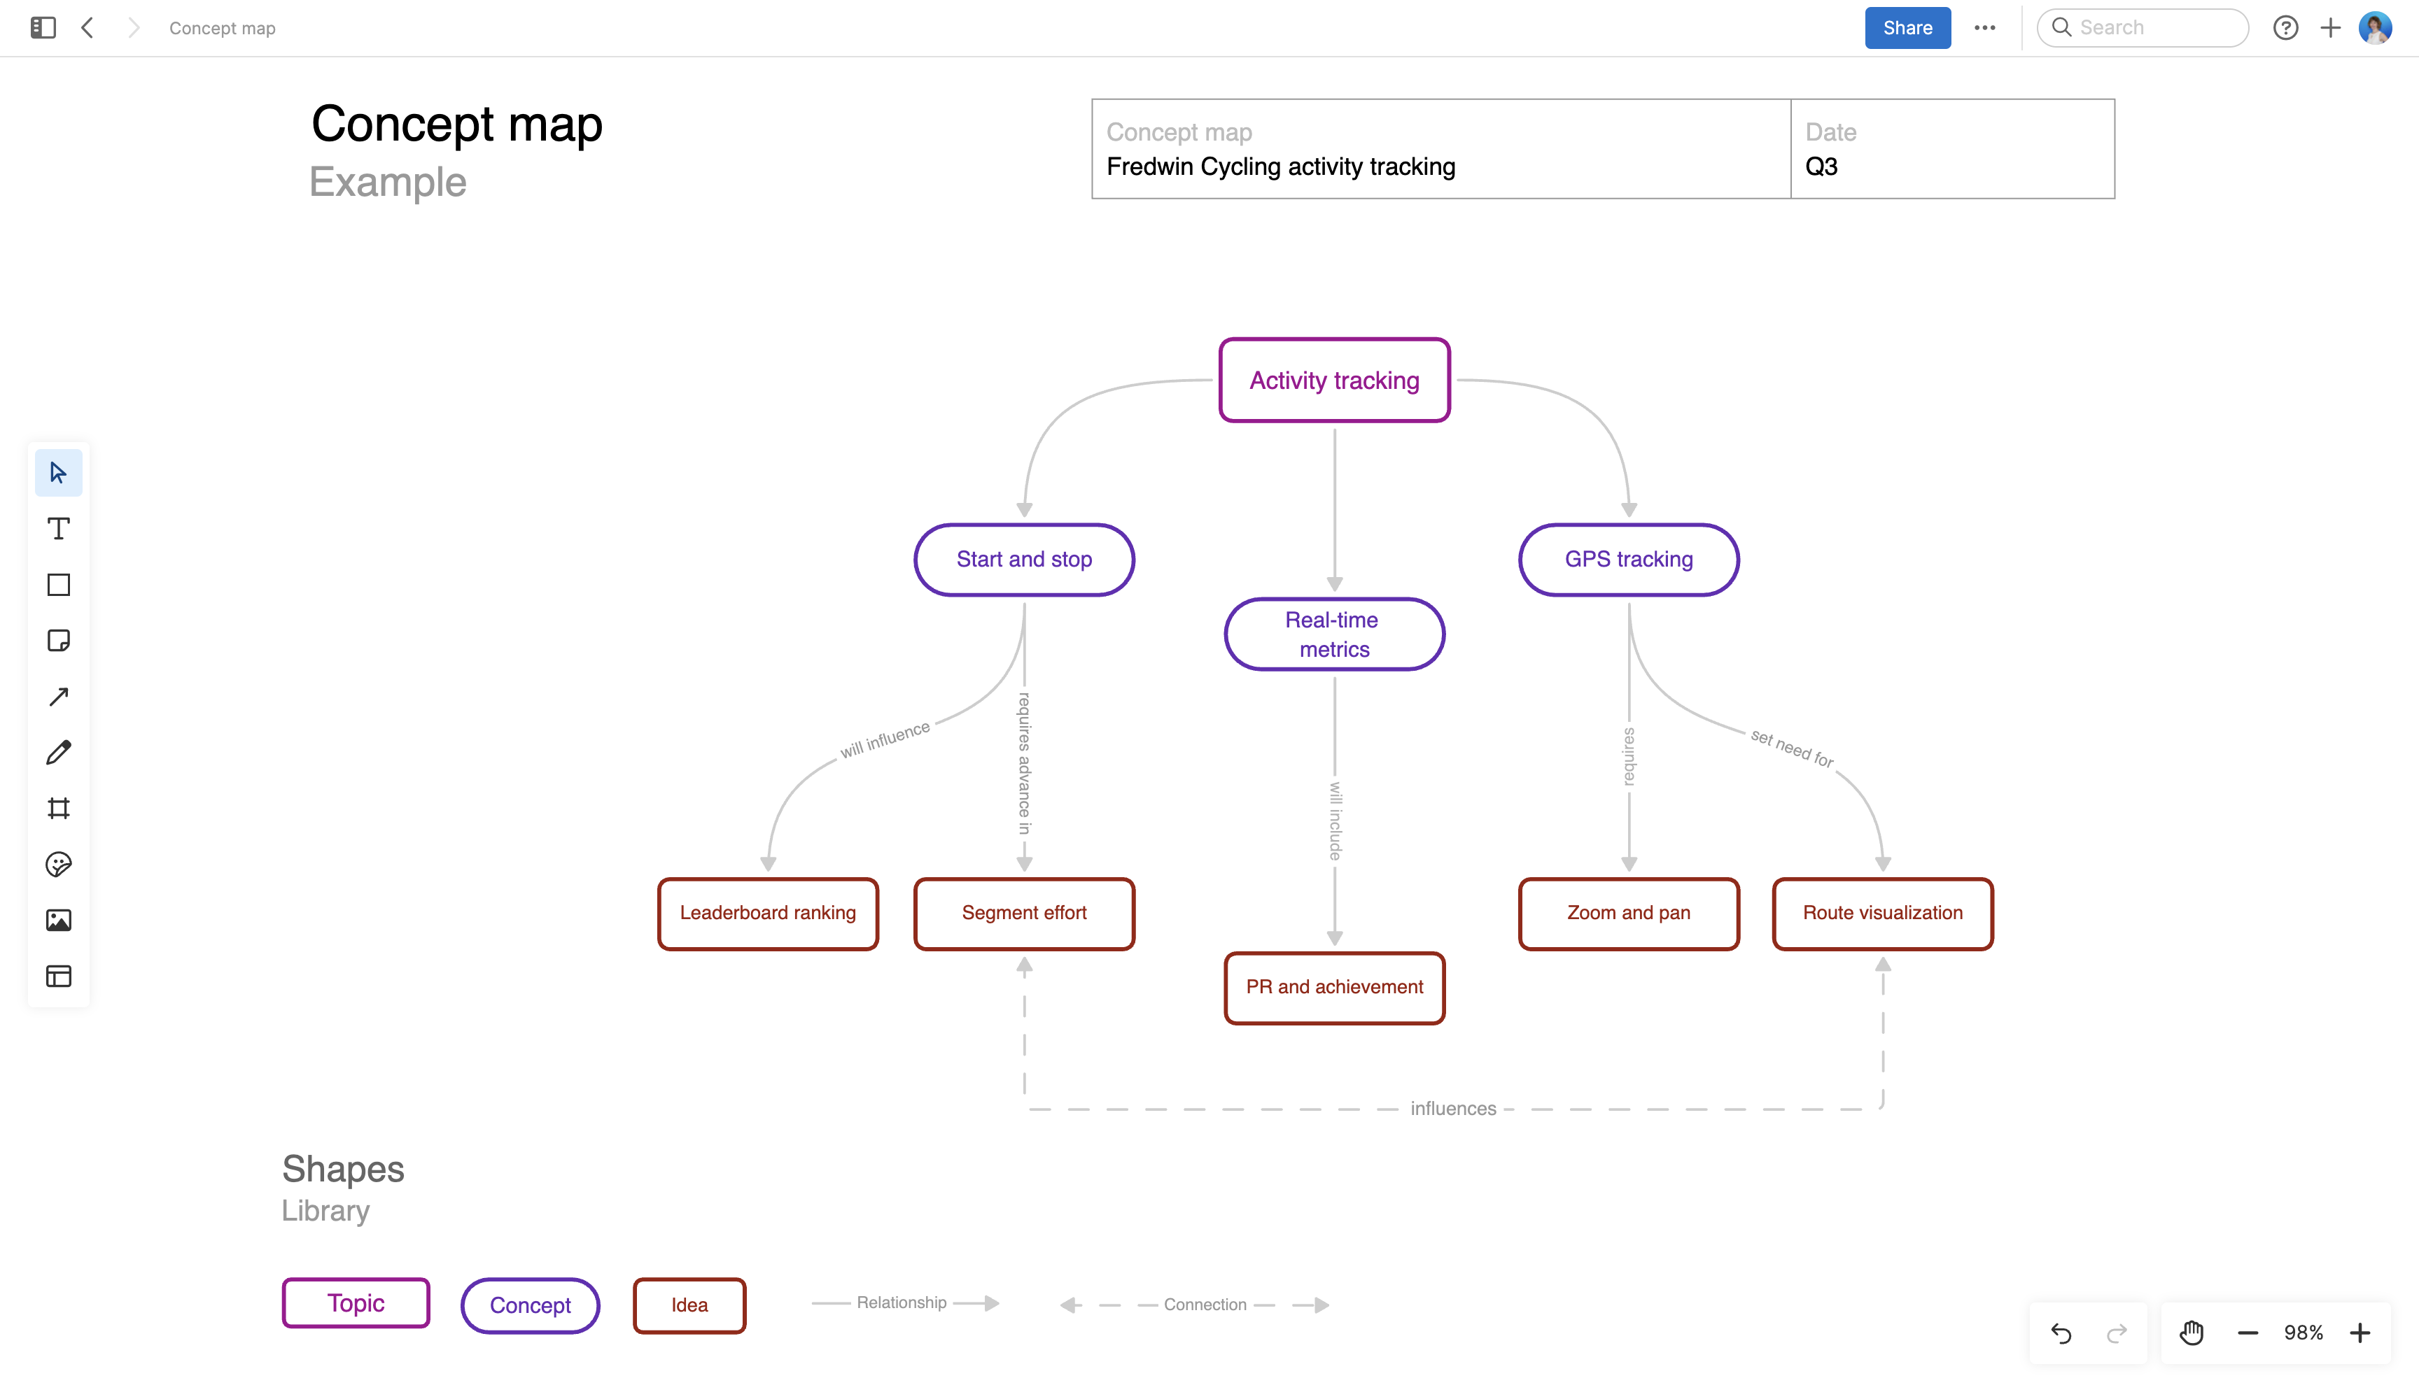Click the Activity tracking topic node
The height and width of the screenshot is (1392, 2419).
(x=1334, y=381)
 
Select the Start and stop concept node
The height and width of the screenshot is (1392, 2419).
(x=1023, y=560)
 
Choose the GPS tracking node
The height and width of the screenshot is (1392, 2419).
(x=1628, y=560)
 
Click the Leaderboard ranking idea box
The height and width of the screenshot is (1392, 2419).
(x=767, y=913)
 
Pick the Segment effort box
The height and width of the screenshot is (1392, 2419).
(x=1023, y=913)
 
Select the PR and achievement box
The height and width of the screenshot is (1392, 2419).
(x=1334, y=986)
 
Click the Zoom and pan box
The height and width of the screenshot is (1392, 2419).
(x=1628, y=913)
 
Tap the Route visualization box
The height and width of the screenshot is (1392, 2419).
(x=1881, y=913)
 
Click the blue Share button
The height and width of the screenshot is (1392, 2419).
(x=1907, y=28)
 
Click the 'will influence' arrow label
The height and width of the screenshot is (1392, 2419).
(x=885, y=740)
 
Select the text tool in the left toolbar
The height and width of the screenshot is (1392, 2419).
(x=58, y=529)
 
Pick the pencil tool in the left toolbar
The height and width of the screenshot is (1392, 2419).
(x=58, y=753)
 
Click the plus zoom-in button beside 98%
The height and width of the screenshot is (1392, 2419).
(x=2360, y=1333)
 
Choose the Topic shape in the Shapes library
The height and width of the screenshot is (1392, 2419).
(x=356, y=1303)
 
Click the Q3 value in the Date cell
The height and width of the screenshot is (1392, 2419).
(x=1821, y=166)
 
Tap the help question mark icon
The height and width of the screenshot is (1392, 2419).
(x=2285, y=28)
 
